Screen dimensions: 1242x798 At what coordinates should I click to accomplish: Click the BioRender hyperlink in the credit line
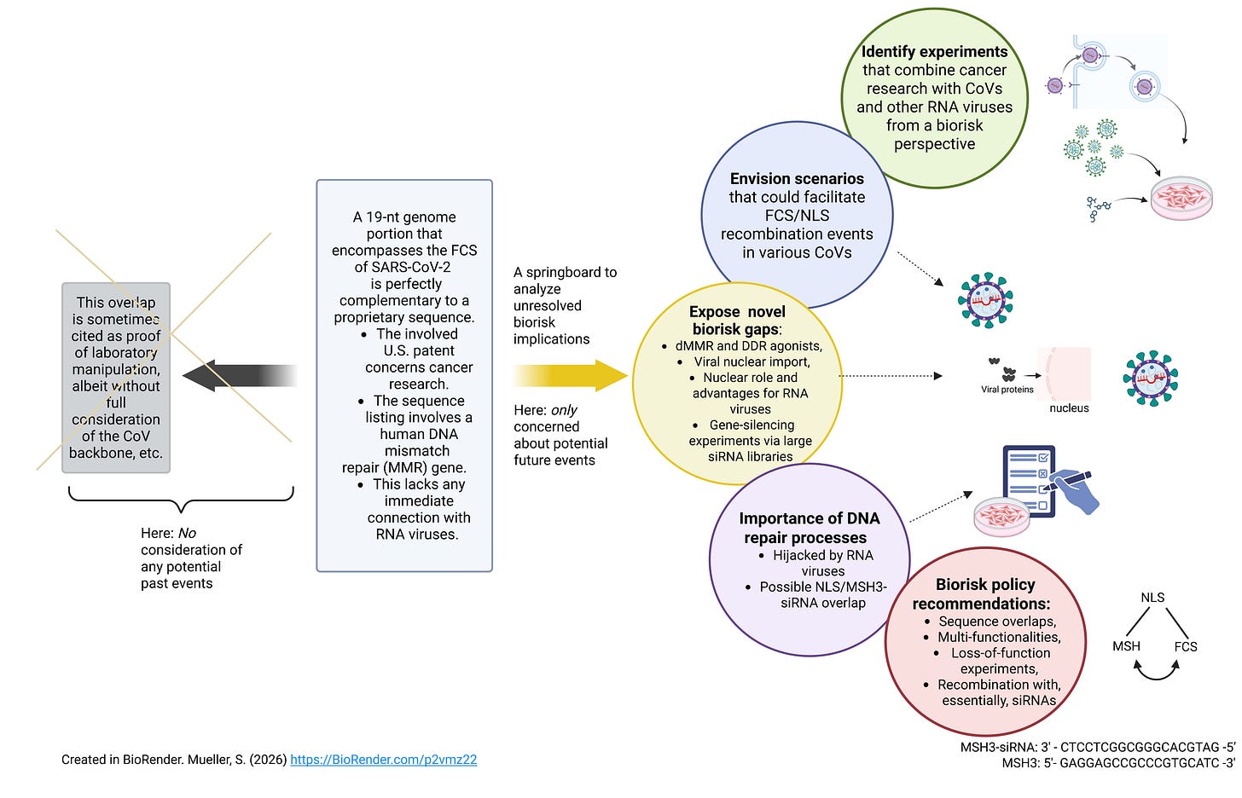(384, 760)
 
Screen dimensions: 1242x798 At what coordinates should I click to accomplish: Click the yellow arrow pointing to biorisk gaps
(571, 376)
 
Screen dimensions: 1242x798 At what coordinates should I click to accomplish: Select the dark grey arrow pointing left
(240, 376)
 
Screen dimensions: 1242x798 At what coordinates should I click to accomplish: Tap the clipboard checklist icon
(1029, 481)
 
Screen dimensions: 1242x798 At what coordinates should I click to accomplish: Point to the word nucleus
(1069, 408)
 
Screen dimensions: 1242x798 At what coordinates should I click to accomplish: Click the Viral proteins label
(1007, 390)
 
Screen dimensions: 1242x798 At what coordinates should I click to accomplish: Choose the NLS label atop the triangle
(1152, 598)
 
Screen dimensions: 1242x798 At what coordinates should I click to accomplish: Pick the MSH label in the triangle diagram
(1126, 646)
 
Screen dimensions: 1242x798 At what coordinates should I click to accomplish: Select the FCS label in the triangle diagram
(1186, 647)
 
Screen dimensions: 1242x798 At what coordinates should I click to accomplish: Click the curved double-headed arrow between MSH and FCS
(1156, 677)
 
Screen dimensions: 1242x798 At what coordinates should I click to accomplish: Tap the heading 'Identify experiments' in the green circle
(934, 51)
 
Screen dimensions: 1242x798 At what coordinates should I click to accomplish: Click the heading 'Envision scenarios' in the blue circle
(797, 178)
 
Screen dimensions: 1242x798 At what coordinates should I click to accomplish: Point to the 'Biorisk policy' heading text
(985, 585)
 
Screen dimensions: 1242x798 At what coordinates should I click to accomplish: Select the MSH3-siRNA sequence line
(1098, 747)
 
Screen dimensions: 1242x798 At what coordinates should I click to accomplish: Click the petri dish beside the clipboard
(1002, 517)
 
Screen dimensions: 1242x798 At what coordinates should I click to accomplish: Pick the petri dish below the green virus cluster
(1181, 198)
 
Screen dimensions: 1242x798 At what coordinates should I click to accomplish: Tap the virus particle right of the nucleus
(1151, 379)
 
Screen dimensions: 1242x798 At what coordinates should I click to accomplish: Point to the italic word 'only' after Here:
(564, 410)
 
